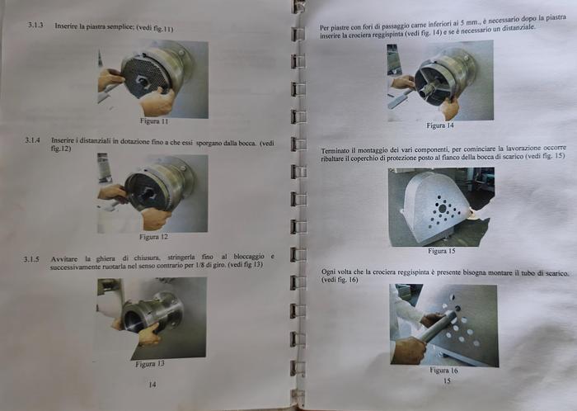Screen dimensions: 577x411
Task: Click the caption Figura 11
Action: [154, 121]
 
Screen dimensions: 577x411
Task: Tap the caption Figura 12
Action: [153, 237]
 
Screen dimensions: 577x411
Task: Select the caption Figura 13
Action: [150, 364]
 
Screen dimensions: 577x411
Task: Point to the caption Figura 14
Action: [440, 125]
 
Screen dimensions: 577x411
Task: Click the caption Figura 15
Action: [442, 251]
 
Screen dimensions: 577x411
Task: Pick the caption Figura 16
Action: [443, 370]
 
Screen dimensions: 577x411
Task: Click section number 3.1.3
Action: [35, 26]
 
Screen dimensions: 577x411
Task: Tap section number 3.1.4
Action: [32, 140]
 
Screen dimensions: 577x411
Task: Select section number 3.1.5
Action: [31, 259]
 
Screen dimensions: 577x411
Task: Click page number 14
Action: [152, 385]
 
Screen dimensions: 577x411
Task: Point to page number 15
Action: [447, 380]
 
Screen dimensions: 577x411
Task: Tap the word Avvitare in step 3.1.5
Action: [64, 259]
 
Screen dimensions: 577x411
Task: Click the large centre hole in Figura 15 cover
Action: [443, 209]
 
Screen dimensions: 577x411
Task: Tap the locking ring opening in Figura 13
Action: [133, 319]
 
